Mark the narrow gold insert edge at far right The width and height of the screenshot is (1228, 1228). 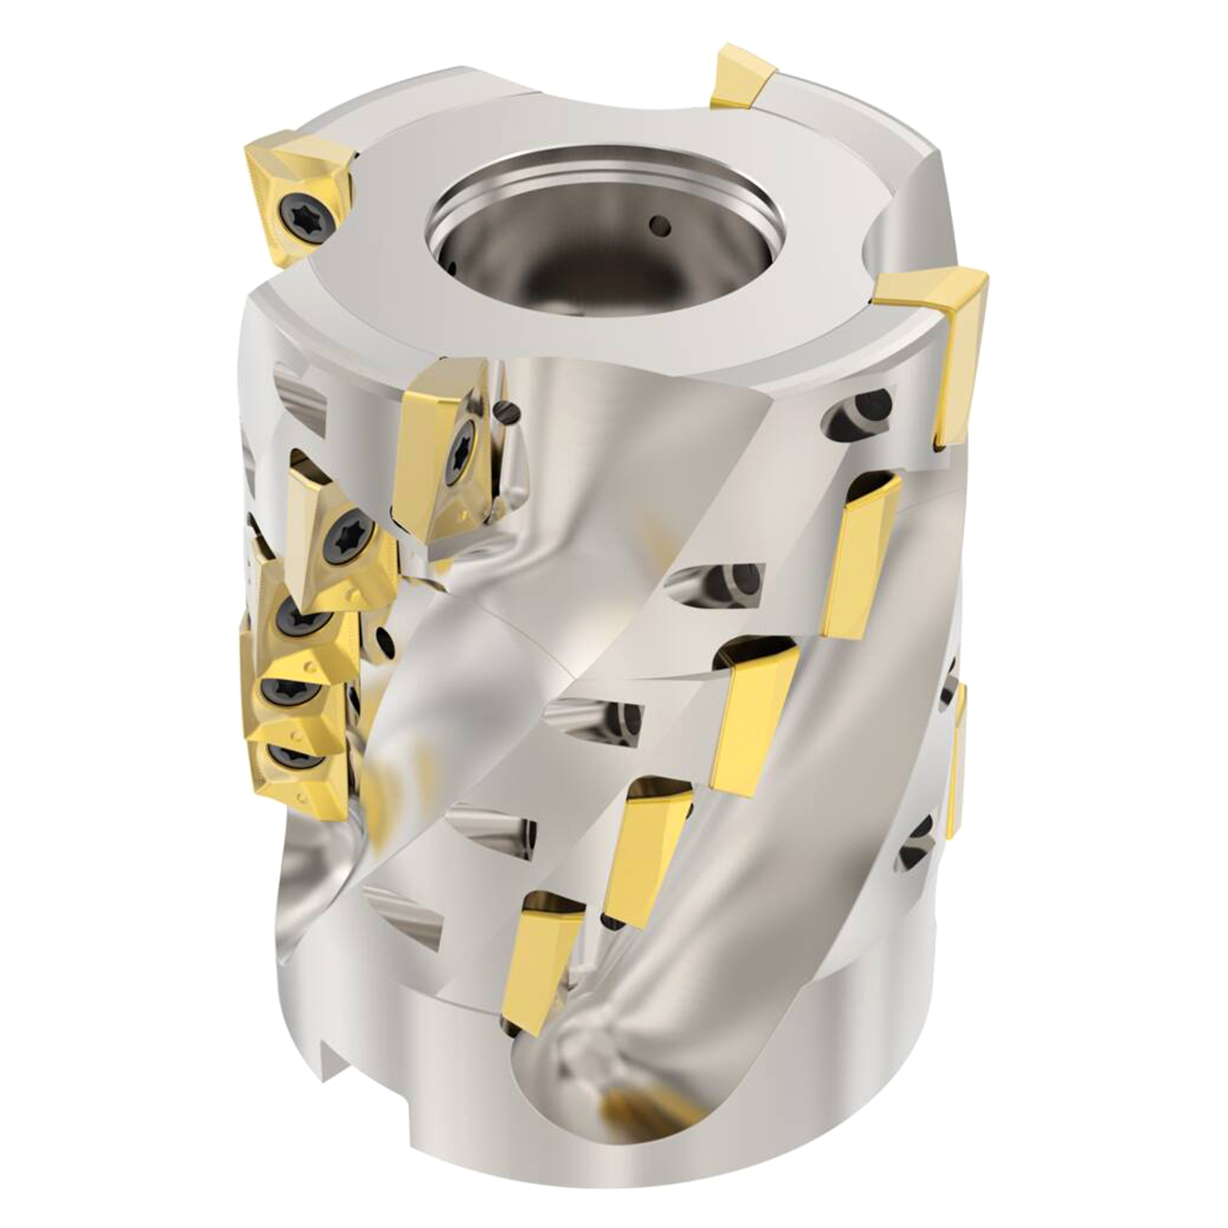coord(957,758)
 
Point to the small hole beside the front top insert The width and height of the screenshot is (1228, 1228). coord(508,413)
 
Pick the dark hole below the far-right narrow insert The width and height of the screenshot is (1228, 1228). coord(919,838)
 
